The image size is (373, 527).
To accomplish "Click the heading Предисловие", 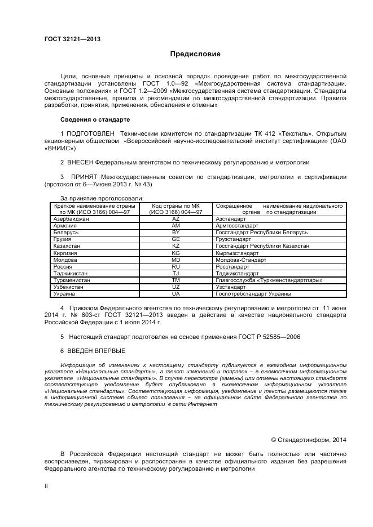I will click(195, 54).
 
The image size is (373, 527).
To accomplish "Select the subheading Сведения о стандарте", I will click(95, 120).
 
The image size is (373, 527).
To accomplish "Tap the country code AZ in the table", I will click(175, 218).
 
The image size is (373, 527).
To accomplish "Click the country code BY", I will click(175, 232).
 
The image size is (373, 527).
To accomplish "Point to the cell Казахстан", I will click(66, 246).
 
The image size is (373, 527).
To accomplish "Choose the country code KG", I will click(175, 253).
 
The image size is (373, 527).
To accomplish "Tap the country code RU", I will click(175, 266).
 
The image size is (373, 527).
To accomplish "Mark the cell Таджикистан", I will click(69, 273).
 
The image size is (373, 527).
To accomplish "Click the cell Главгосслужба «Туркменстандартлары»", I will click(269, 280).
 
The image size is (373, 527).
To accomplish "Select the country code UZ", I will click(175, 287).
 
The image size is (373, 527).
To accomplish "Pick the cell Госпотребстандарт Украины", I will click(253, 293).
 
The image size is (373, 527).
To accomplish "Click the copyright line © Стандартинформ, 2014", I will click(309, 440).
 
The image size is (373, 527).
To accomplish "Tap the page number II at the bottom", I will click(46, 485).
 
